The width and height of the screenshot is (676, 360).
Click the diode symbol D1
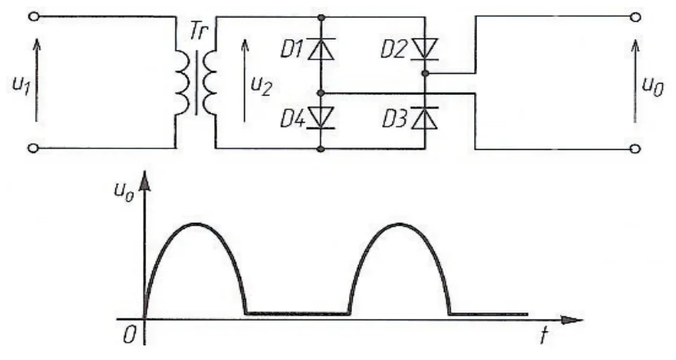click(x=321, y=49)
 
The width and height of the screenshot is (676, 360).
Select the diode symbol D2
click(x=424, y=49)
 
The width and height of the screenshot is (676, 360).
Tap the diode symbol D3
click(x=424, y=118)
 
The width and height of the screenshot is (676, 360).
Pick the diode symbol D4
click(x=321, y=117)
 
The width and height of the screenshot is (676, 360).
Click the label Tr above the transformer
click(x=198, y=32)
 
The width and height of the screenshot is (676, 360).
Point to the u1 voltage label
click(x=20, y=85)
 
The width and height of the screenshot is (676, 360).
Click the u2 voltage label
click(x=261, y=85)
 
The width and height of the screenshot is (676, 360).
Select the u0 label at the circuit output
click(x=653, y=87)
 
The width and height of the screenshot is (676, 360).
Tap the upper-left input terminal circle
click(x=34, y=17)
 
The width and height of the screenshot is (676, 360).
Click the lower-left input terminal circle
click(x=33, y=148)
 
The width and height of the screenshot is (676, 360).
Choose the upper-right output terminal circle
click(x=635, y=17)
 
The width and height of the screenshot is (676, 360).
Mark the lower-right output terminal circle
click(x=635, y=149)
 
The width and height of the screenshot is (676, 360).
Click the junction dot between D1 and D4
click(x=320, y=93)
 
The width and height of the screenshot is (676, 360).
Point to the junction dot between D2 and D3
click(x=425, y=73)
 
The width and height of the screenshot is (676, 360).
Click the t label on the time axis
click(x=544, y=336)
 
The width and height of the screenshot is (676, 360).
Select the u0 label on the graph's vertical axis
click(x=124, y=191)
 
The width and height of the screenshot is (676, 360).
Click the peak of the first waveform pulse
click(x=196, y=224)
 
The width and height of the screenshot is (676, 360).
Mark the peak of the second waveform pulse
click(x=399, y=224)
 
